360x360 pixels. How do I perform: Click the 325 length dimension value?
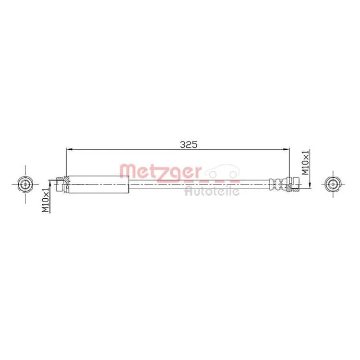click(189, 144)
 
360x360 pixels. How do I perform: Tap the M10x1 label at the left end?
click(46, 200)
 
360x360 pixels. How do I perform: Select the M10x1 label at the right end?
click(305, 163)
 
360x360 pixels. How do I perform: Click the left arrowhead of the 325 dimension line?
click(69, 149)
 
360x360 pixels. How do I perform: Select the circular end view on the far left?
click(25, 184)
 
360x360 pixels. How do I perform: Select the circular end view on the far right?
click(333, 184)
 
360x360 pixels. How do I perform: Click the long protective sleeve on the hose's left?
click(99, 184)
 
